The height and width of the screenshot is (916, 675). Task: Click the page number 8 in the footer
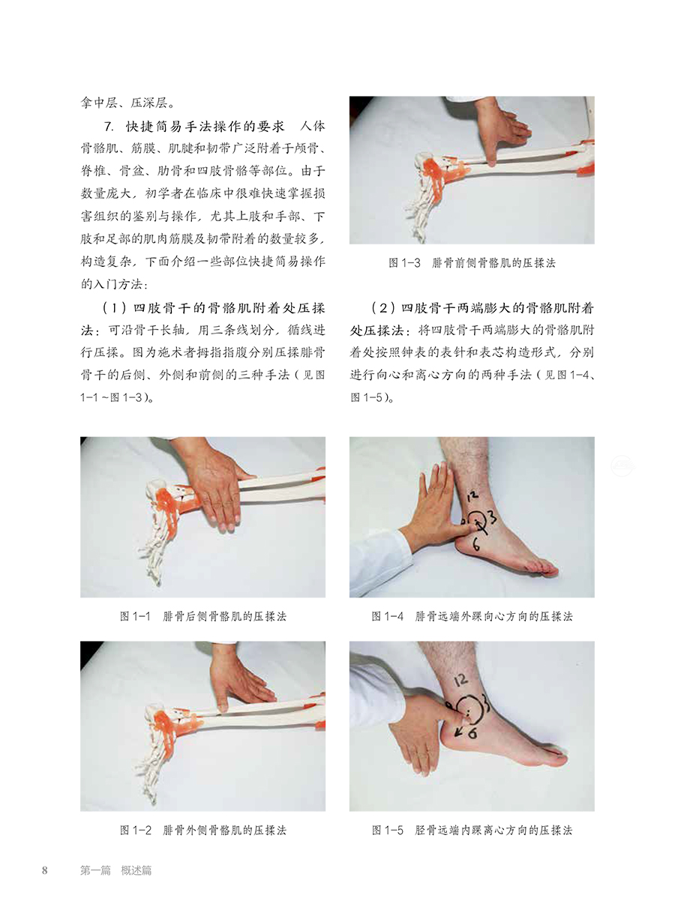coord(45,870)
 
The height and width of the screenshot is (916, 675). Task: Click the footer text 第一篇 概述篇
coord(115,870)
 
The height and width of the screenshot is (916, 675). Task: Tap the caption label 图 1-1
coord(136,616)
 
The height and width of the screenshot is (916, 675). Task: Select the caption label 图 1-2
coord(136,830)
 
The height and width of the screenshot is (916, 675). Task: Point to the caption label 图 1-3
coord(405,263)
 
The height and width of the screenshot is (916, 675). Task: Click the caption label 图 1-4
coord(388,616)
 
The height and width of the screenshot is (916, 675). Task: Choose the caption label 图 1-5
coord(388,830)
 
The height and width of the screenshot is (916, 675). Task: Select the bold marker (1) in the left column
coord(109,308)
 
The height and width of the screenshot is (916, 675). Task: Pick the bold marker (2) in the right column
coord(379,308)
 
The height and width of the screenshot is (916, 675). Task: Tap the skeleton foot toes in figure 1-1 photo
coord(161,558)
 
